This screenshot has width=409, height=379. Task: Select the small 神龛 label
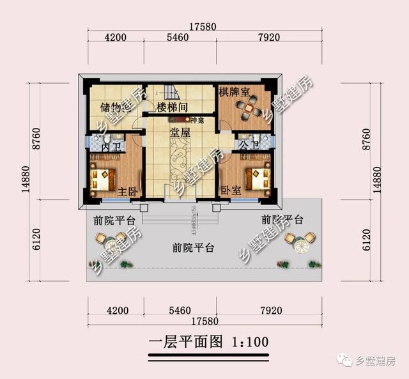[x=197, y=120]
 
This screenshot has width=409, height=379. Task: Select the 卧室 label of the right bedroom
[x=231, y=190]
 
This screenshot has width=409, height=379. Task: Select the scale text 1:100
[x=246, y=342]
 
